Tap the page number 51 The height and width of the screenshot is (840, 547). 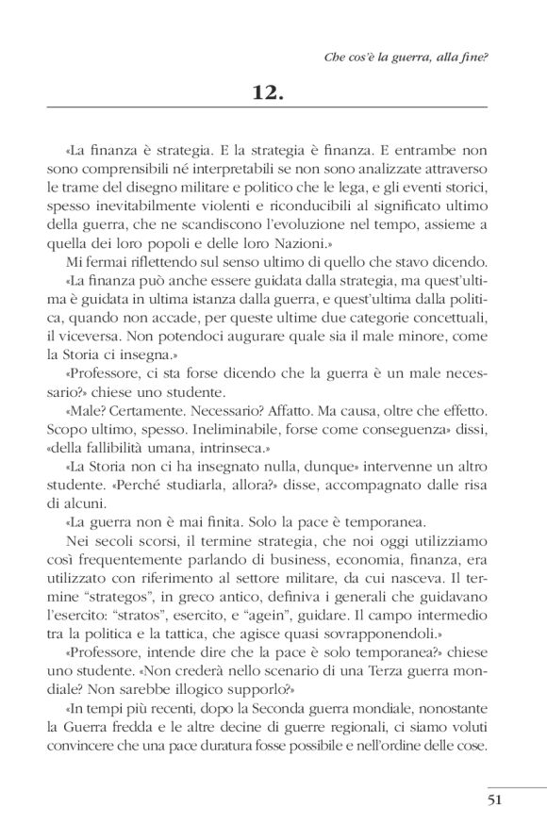coord(502,803)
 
